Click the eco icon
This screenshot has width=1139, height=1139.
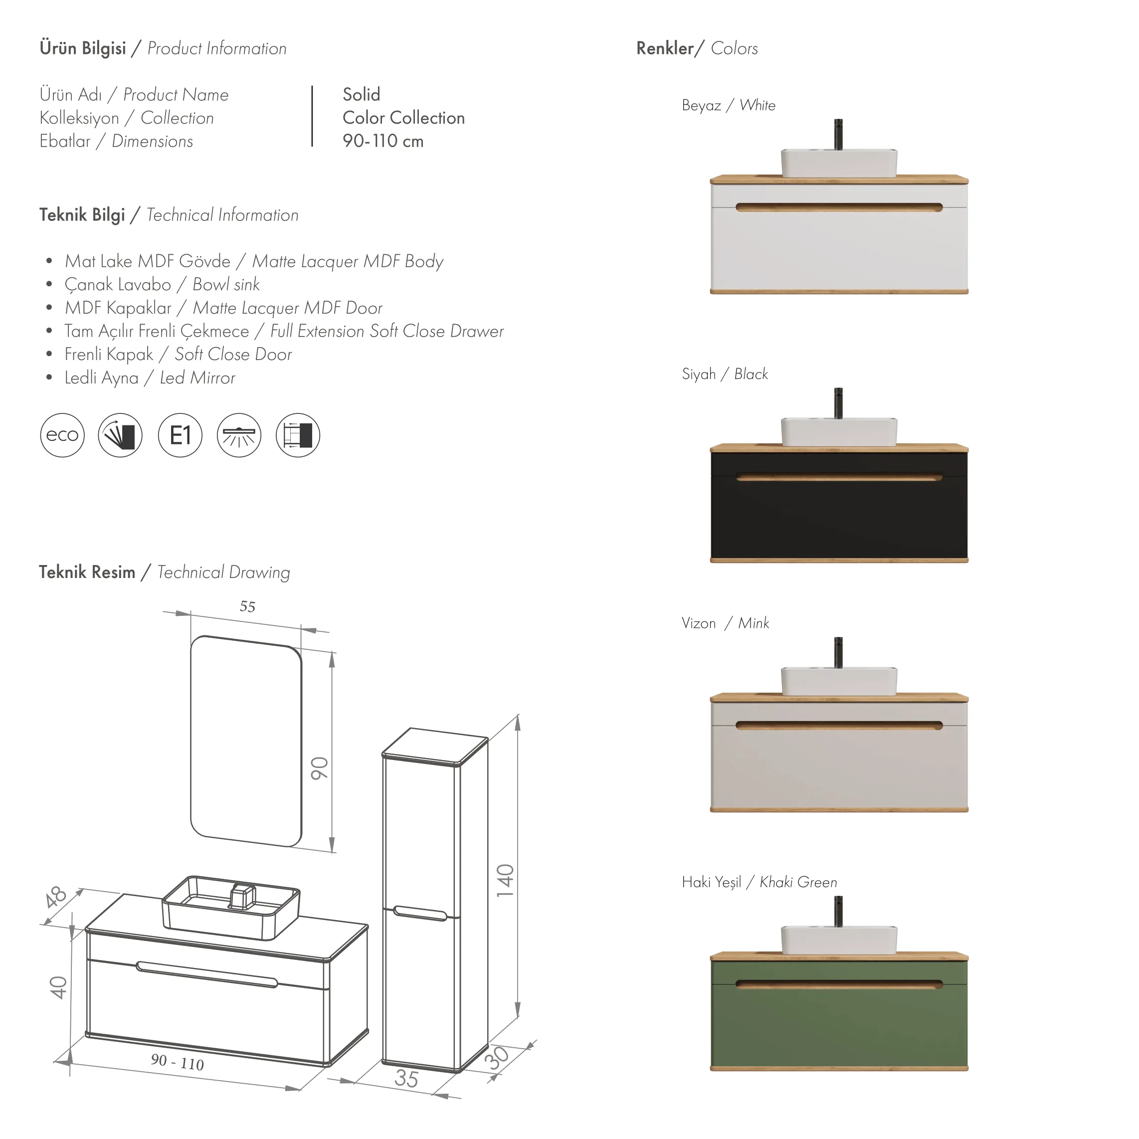pos(62,435)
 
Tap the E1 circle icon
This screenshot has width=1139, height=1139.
pos(180,435)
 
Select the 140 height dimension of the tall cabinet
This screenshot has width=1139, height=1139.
pos(505,880)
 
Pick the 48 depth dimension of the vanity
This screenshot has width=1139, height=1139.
pos(56,897)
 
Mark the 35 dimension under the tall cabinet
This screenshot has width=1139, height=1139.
pos(406,1078)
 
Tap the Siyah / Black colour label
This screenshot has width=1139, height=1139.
pos(725,374)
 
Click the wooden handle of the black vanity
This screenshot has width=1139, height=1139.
pos(839,477)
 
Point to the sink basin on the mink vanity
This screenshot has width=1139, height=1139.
pos(839,681)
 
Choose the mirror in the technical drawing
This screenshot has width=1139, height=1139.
pos(246,741)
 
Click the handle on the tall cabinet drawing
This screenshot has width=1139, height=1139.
pos(420,913)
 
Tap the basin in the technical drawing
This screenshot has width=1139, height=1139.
pos(230,906)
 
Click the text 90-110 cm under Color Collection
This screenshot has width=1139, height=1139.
pos(383,141)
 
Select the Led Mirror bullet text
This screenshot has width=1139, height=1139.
pos(150,378)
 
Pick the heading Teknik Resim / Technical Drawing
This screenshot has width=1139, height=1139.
pos(165,572)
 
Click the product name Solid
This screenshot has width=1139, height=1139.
pos(362,94)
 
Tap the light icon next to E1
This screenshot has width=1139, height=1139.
pos(239,435)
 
